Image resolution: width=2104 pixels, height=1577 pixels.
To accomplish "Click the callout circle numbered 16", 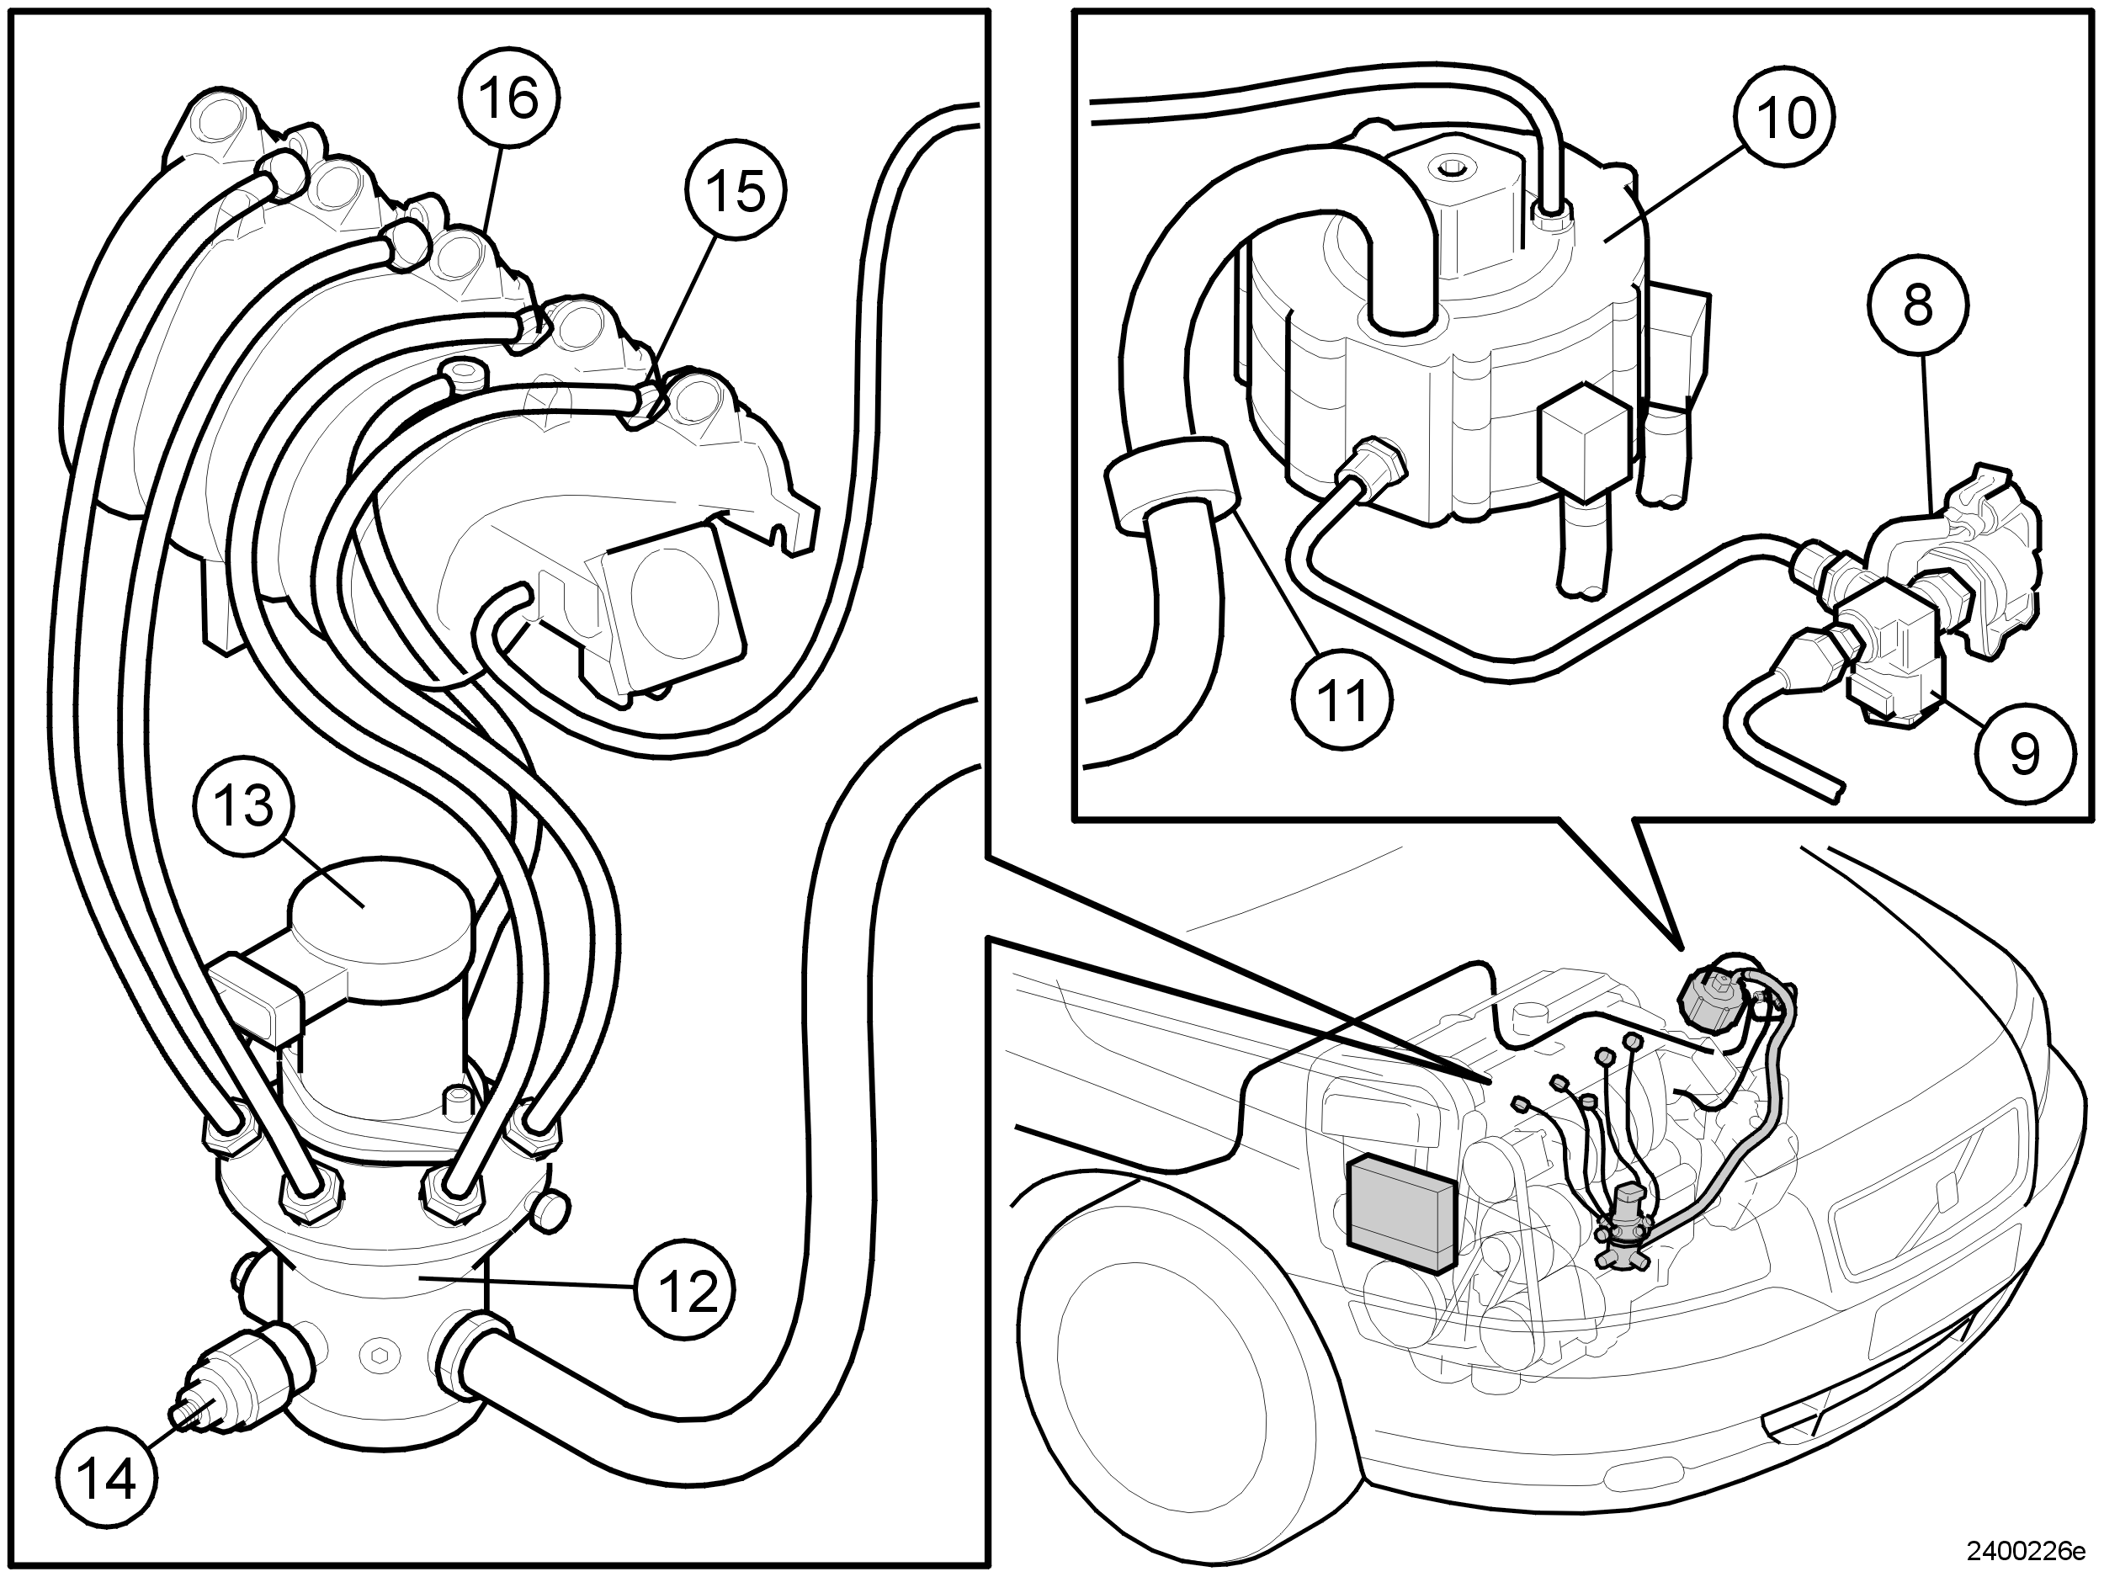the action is tap(510, 99).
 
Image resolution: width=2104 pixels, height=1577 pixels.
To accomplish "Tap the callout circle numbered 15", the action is tap(737, 190).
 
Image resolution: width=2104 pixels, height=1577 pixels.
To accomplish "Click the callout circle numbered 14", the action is tap(107, 1478).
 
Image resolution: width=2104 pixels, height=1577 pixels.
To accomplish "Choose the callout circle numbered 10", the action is tap(1785, 119).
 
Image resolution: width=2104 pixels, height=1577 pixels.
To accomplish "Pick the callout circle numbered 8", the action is tap(1917, 306).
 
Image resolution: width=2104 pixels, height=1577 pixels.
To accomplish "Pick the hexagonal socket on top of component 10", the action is tap(1452, 170).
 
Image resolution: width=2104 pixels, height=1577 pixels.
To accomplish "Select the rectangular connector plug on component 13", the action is tap(253, 1001).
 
